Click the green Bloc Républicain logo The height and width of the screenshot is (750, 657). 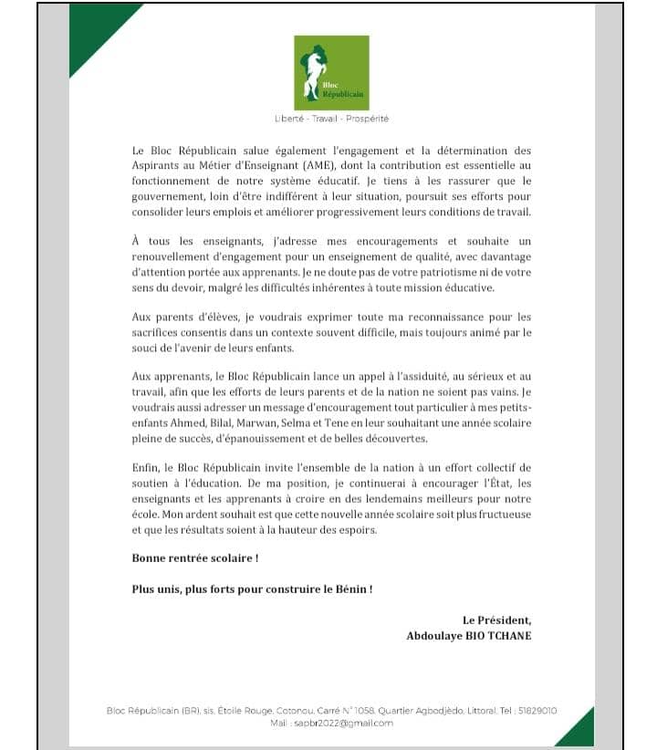click(x=331, y=72)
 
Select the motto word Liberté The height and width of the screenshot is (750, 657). click(x=291, y=119)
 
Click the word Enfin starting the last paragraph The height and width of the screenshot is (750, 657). click(x=146, y=467)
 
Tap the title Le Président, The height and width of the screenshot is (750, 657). click(x=496, y=620)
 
